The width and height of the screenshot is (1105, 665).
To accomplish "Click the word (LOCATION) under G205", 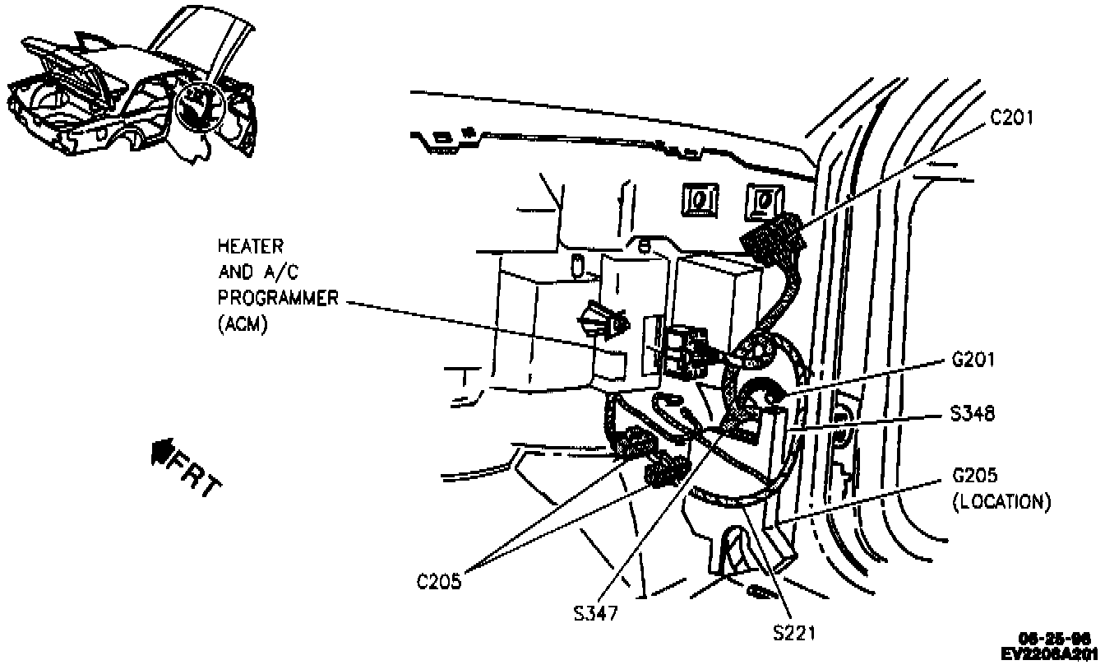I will tap(1001, 501).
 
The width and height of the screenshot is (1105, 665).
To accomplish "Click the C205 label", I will tap(440, 581).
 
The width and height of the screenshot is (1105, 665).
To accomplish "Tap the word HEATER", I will tap(250, 245).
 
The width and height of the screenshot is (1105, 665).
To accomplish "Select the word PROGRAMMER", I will tap(278, 298).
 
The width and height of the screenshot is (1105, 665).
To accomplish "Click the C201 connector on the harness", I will tap(773, 235).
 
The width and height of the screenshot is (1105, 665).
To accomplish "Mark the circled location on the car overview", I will tap(201, 107).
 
